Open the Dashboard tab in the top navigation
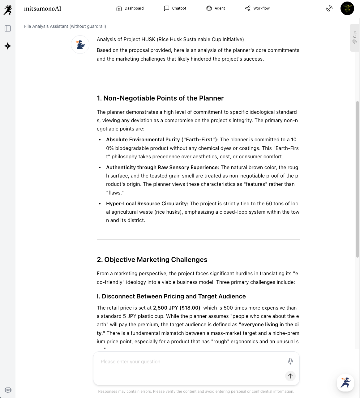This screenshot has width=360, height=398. [x=130, y=8]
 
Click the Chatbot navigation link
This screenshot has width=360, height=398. [x=175, y=8]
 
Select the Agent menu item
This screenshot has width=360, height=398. [x=216, y=8]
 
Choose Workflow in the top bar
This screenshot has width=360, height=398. [x=257, y=8]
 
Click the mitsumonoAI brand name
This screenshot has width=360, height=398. [x=43, y=9]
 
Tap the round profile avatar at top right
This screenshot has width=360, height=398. [x=347, y=8]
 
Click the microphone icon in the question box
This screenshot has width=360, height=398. [x=290, y=361]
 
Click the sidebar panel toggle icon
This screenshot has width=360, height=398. [x=8, y=28]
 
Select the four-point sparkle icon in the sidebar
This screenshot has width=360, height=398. [x=8, y=46]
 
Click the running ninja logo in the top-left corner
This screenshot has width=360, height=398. [x=8, y=10]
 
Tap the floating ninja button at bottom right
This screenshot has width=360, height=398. [x=345, y=383]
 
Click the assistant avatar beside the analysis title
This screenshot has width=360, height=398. [x=80, y=45]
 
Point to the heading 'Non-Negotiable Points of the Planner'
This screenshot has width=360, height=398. [x=160, y=98]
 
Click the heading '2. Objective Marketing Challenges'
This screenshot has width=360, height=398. [x=152, y=260]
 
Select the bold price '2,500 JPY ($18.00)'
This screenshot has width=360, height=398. [x=177, y=308]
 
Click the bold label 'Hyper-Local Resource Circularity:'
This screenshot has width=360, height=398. [x=147, y=203]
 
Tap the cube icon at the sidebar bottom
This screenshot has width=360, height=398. [x=8, y=390]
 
